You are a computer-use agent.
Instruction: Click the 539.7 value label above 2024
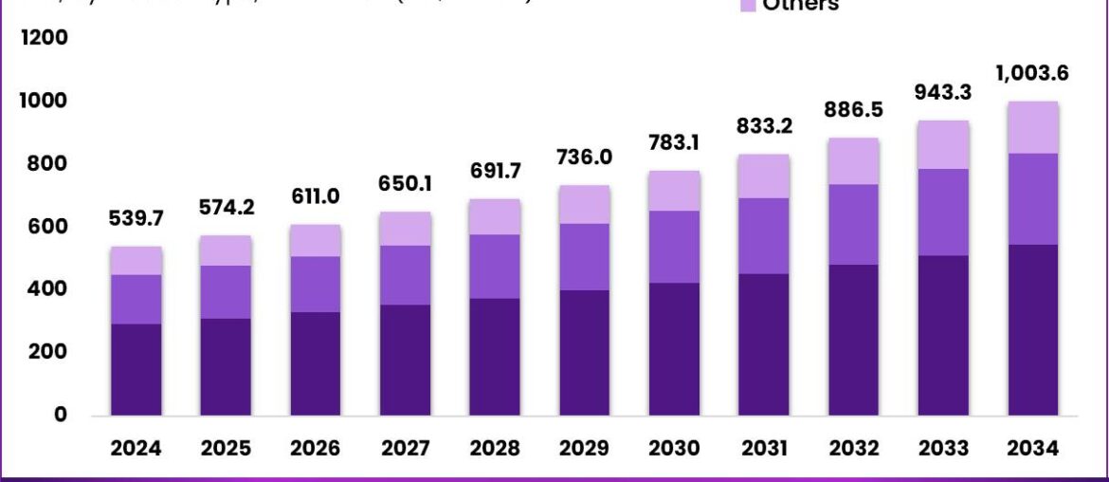pyautogui.click(x=136, y=219)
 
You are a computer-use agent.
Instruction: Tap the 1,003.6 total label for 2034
pyautogui.click(x=1032, y=74)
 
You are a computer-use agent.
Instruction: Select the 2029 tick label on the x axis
pyautogui.click(x=584, y=449)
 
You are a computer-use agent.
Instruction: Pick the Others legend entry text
pyautogui.click(x=800, y=6)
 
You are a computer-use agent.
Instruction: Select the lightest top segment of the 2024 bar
pyautogui.click(x=136, y=261)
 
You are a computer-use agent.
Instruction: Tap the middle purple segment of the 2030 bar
pyautogui.click(x=674, y=247)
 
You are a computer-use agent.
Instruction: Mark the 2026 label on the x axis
pyautogui.click(x=316, y=449)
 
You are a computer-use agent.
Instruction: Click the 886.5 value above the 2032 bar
pyautogui.click(x=853, y=110)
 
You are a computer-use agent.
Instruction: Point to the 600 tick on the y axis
pyautogui.click(x=47, y=227)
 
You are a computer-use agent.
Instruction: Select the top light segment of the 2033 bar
pyautogui.click(x=943, y=144)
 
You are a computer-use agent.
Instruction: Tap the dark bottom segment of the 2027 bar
pyautogui.click(x=405, y=360)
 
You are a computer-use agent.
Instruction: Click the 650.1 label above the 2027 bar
pyautogui.click(x=405, y=184)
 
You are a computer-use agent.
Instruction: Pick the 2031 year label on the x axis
pyautogui.click(x=763, y=449)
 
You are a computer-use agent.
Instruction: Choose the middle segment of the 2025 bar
pyautogui.click(x=226, y=291)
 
